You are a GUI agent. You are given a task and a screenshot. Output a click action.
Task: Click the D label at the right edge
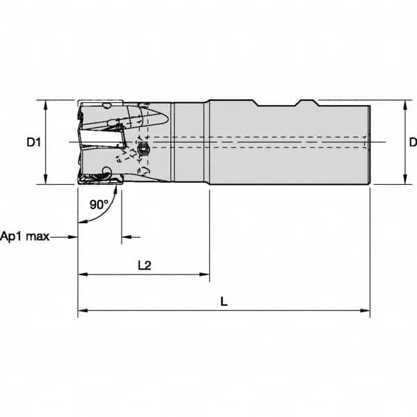[412, 142]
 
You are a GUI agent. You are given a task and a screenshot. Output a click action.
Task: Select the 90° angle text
[99, 204]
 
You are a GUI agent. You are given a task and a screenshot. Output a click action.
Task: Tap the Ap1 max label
[25, 236]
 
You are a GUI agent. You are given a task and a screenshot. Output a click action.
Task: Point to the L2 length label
[145, 265]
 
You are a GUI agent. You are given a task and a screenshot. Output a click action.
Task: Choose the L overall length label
[223, 302]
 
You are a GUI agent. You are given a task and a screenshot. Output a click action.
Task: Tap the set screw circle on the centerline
[144, 150]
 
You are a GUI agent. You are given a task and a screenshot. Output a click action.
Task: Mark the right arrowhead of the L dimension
[366, 311]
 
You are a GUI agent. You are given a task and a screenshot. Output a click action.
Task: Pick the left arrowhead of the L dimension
[81, 311]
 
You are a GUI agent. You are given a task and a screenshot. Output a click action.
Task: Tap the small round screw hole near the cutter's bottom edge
[106, 172]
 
